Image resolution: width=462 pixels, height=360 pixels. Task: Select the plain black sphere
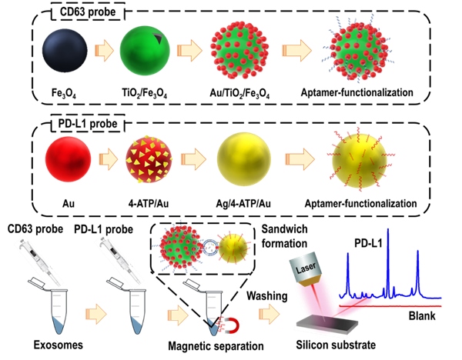(x=65, y=50)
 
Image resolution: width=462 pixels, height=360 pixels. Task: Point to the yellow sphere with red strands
(x=359, y=160)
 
